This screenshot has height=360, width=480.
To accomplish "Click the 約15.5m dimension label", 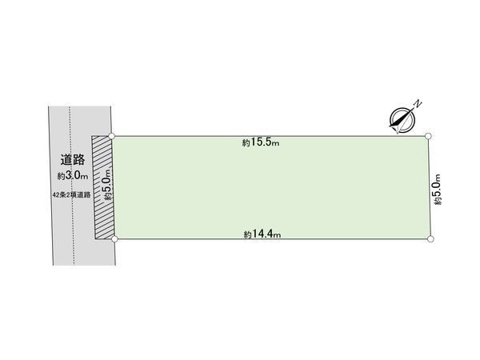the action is pos(261,142).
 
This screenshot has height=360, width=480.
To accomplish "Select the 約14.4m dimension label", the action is pos(262,234).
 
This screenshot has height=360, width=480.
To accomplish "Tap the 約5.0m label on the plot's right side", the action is pos(438,190).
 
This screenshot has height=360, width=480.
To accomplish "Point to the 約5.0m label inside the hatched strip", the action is pos(107,185).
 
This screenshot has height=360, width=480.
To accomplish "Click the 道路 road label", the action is pos(73,159).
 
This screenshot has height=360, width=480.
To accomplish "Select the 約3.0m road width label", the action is pos(73,176).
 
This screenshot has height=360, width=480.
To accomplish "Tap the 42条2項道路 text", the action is pos(72,194).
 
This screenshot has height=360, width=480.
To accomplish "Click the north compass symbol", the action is pos(402,120).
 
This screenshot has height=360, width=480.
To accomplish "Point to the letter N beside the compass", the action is pos(418,103).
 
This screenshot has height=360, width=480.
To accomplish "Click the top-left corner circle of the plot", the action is pos(112,136).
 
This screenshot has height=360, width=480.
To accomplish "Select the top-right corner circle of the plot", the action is pos(429,136).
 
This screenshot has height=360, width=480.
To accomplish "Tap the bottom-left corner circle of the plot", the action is pos(114,238).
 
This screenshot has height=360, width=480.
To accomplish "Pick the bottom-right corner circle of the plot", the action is pos(430,239).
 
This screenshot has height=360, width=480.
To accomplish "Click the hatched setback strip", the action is pos(103,187).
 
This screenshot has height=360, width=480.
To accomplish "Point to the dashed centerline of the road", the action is pos(72,186).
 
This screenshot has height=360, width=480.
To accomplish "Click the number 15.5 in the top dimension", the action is pos(261,142).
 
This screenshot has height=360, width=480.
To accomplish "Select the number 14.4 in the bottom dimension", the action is pos(262,234).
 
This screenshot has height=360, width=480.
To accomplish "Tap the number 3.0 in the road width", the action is pos(73,175).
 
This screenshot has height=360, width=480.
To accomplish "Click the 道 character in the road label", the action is pos(66,159).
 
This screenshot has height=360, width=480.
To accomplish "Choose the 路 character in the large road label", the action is pos(79,159).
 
